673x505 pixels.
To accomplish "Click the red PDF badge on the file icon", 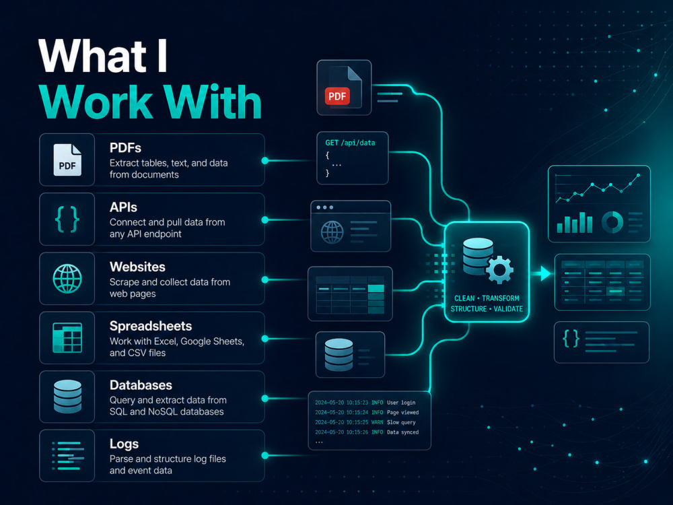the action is point(337,96).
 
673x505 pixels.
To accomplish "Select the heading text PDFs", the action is point(125,147).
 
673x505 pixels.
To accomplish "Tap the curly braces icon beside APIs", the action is point(67,220).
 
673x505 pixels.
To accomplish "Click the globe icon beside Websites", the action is point(67,279).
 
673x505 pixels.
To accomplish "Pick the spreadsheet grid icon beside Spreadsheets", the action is point(67,338).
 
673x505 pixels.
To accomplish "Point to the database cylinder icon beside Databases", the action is point(67,397).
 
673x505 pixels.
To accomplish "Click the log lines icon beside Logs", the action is point(68,456).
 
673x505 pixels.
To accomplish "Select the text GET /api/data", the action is point(350,143).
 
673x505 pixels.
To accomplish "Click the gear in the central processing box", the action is point(499,270).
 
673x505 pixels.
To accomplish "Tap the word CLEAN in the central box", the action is point(464,298).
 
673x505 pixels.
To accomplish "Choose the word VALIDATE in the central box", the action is point(508,309).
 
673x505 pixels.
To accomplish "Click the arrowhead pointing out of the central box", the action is point(546,273).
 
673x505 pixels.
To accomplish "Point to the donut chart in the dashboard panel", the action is point(612,222).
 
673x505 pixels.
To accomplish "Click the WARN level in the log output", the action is point(377,422).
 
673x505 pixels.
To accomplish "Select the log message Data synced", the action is point(402,432).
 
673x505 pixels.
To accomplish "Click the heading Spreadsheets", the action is point(151,327).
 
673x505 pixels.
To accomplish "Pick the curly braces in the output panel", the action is point(571,339).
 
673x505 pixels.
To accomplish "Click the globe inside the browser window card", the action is point(332,232).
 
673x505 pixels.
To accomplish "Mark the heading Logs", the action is point(124,444).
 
